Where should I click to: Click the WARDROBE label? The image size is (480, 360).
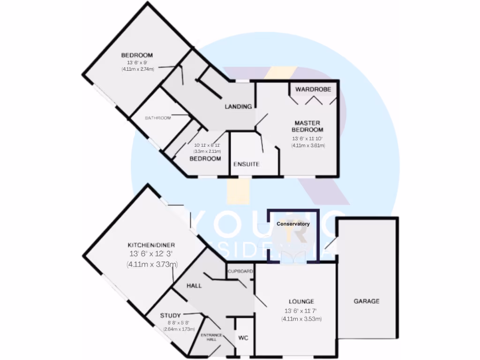[313, 89]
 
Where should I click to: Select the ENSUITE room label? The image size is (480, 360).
[247, 165]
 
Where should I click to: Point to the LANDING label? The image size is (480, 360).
[238, 107]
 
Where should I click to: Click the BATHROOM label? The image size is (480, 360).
[157, 118]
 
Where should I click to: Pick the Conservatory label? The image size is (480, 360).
[293, 224]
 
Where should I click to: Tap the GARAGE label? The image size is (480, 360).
[366, 301]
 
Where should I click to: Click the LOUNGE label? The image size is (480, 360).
[301, 301]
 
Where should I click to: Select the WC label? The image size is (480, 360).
[243, 337]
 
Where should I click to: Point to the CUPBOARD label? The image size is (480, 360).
[240, 271]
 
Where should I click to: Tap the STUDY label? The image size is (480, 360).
[170, 315]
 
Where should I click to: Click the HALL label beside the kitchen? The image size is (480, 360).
[194, 285]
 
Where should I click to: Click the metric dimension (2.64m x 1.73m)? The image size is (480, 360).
[179, 330]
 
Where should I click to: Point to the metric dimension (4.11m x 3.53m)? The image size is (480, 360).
[301, 319]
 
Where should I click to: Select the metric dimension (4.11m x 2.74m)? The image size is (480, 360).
[137, 69]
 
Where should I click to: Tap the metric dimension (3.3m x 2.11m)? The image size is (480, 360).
[207, 151]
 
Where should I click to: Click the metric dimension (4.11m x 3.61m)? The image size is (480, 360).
[308, 145]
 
